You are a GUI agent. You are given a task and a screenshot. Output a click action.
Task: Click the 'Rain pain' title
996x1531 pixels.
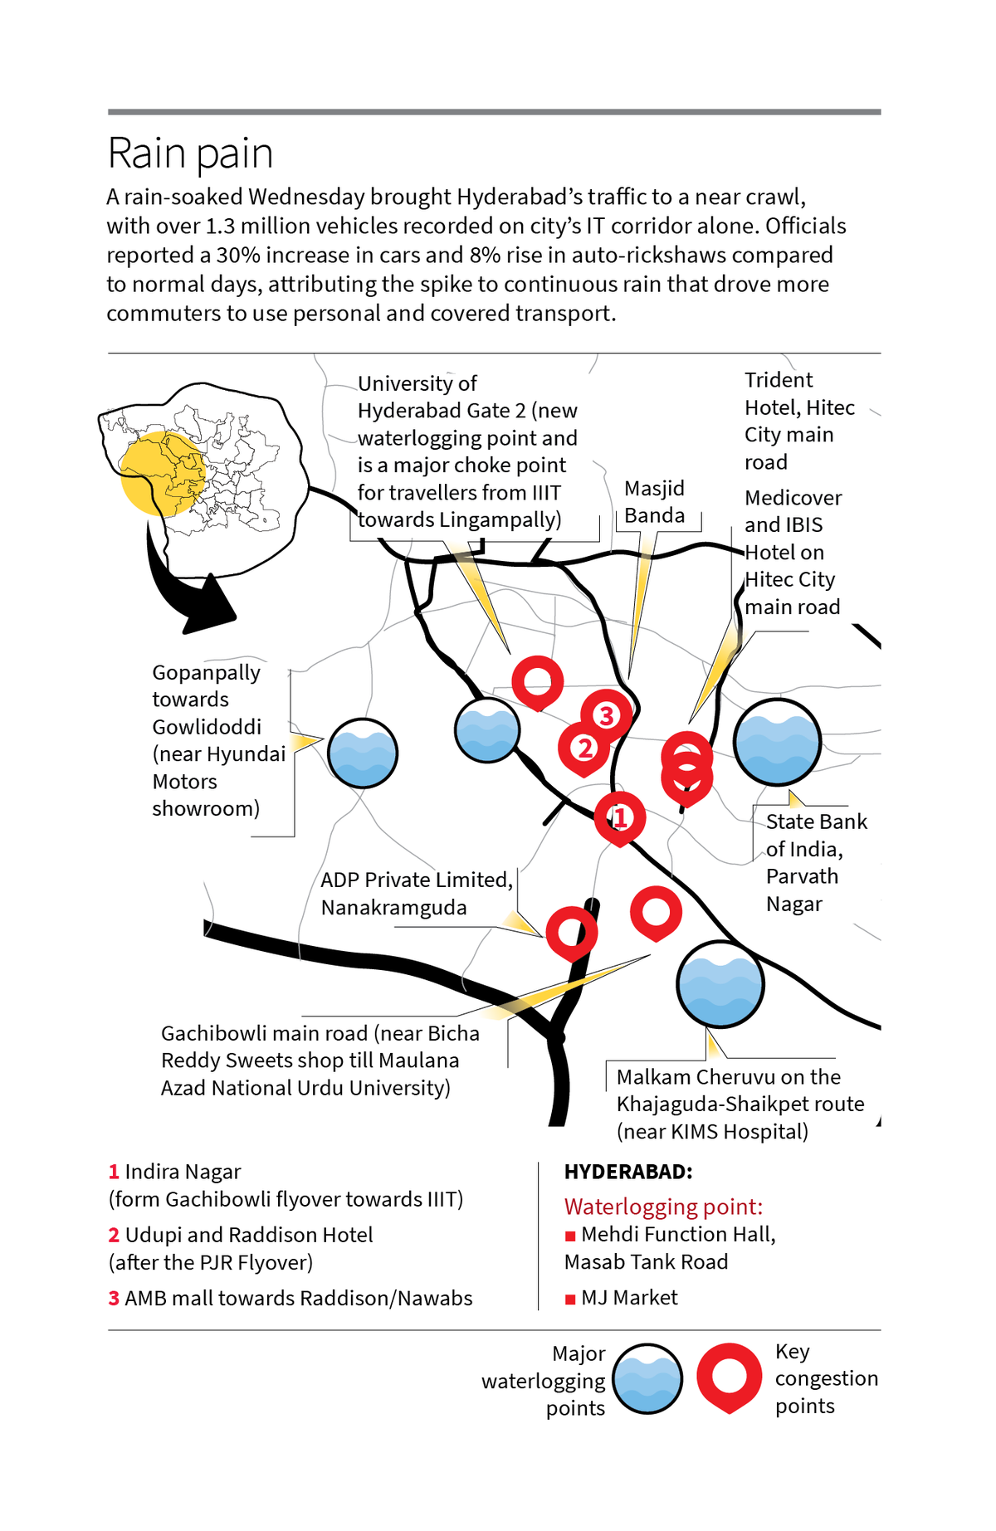click(x=190, y=154)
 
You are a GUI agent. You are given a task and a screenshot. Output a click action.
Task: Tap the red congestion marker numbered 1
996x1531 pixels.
click(x=619, y=817)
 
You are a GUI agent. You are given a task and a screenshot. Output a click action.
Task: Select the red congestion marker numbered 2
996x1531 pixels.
click(x=584, y=748)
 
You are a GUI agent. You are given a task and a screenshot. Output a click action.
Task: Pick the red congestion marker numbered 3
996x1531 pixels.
click(x=606, y=714)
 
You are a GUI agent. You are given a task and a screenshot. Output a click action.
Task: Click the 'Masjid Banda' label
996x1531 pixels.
click(x=655, y=502)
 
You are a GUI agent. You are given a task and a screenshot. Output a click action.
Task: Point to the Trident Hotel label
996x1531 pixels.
click(x=798, y=421)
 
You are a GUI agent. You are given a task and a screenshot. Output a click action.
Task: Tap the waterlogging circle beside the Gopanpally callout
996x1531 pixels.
click(x=363, y=753)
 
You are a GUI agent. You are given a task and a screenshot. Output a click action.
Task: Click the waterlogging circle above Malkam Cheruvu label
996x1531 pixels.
click(x=720, y=984)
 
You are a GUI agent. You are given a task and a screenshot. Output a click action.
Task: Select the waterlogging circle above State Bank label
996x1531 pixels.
click(x=777, y=742)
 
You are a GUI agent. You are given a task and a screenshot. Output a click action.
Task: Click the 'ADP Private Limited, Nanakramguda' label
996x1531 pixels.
click(x=416, y=894)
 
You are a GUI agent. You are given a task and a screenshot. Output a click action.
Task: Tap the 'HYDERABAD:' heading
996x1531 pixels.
click(x=628, y=1172)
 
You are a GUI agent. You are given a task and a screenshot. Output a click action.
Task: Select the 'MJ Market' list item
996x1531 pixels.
click(x=628, y=1298)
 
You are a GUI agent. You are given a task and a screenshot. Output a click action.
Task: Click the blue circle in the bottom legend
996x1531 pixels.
click(x=648, y=1379)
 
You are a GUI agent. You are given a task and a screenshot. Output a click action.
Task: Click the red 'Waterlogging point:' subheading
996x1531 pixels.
click(x=663, y=1207)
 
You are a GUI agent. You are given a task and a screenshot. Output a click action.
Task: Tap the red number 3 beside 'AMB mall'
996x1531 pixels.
click(x=114, y=1299)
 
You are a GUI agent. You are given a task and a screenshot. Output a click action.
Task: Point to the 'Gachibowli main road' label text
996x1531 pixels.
click(x=320, y=1060)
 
